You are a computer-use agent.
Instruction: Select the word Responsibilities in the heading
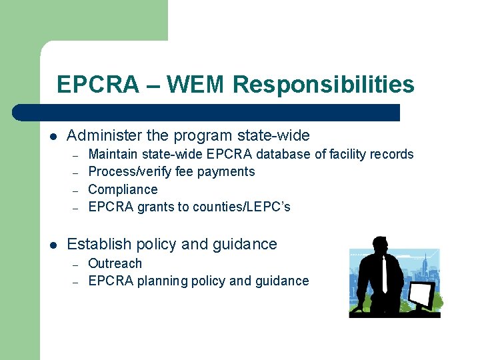[x=324, y=85]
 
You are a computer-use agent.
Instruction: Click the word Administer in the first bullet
[x=104, y=136]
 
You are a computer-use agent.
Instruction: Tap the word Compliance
[x=123, y=189]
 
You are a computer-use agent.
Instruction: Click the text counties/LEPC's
[x=241, y=207]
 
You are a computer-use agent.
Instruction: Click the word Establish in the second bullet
[x=98, y=245]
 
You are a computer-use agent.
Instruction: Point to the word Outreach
[x=115, y=263]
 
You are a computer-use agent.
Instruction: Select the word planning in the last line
[x=163, y=281]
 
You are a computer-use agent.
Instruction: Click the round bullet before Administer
[x=53, y=137]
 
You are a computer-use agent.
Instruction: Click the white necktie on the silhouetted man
[x=385, y=274]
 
